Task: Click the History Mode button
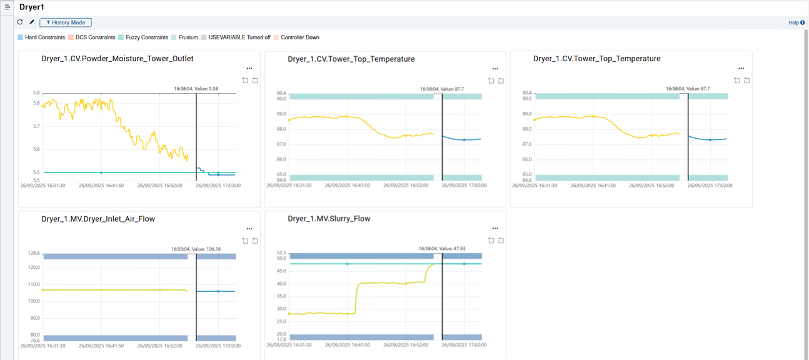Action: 66,22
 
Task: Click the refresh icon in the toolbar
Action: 20,22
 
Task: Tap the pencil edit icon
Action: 32,22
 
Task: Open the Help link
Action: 796,22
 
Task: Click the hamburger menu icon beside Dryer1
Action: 8,7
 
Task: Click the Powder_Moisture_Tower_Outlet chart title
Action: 118,59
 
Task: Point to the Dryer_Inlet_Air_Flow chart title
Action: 98,219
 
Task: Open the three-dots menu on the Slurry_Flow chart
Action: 495,229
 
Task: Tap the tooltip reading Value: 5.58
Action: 196,89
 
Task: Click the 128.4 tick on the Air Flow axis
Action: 33,254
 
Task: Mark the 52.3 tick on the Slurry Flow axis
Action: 281,253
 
